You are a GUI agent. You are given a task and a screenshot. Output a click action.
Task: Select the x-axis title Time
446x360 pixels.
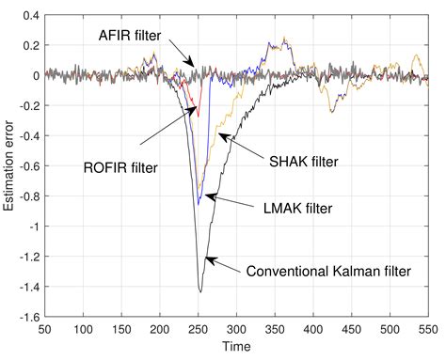coord(237,349)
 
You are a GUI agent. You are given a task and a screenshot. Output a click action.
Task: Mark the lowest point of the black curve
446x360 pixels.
coord(199,291)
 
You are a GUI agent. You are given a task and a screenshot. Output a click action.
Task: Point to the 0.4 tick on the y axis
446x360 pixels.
coord(32,16)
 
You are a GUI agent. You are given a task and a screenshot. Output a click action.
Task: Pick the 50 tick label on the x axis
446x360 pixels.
coord(46,331)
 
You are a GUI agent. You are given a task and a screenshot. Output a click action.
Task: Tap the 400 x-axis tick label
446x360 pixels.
coord(311,331)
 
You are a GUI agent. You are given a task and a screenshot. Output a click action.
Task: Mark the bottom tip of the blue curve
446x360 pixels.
coord(199,203)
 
